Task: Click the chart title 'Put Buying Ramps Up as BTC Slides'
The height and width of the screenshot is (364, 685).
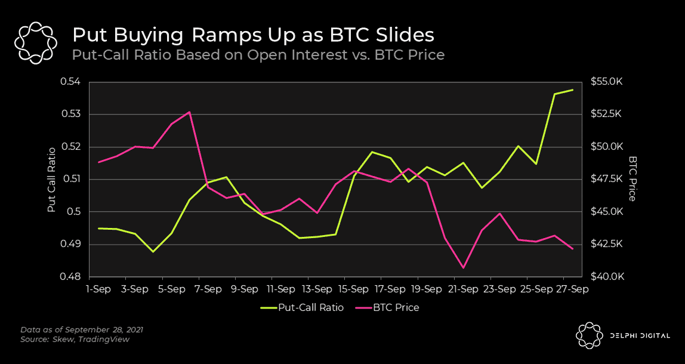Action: pyautogui.click(x=252, y=34)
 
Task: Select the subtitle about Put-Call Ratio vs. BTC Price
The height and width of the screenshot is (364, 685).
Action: pyautogui.click(x=258, y=55)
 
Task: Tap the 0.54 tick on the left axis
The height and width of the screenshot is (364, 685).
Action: pyautogui.click(x=71, y=82)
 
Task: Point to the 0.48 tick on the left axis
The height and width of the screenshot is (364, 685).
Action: pyautogui.click(x=71, y=277)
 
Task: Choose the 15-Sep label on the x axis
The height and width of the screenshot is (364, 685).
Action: pyautogui.click(x=353, y=289)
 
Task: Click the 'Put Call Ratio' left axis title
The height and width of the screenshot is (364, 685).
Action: pyautogui.click(x=52, y=180)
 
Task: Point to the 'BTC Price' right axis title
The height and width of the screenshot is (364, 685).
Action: pyautogui.click(x=632, y=180)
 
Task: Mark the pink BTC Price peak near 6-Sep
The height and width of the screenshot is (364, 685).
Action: pyautogui.click(x=189, y=112)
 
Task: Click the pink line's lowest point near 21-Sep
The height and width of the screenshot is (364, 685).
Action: pyautogui.click(x=463, y=268)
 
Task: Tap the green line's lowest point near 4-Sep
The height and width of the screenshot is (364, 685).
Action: pyautogui.click(x=153, y=252)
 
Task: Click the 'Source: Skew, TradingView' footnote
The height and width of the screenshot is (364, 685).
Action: pyautogui.click(x=75, y=340)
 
